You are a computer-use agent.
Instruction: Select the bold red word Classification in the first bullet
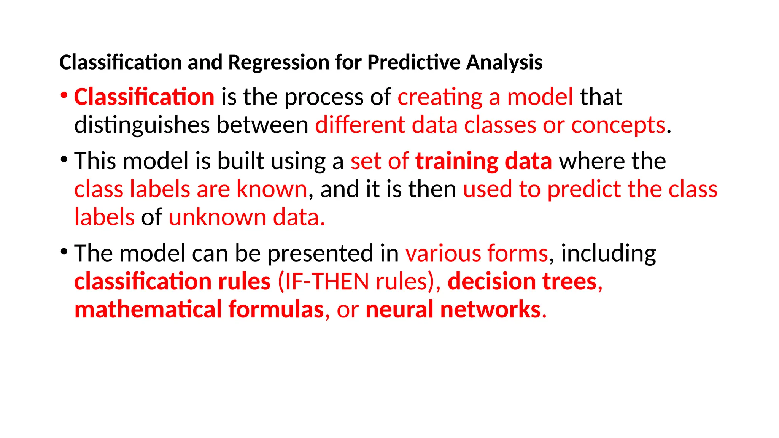tap(144, 97)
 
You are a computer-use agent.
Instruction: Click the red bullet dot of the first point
tap(64, 95)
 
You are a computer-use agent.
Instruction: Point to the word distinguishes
tap(142, 125)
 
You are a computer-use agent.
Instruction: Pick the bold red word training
tap(456, 161)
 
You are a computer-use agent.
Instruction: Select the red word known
tap(272, 189)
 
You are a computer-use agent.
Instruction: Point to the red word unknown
tap(217, 217)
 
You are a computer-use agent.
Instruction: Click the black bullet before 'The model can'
tap(64, 251)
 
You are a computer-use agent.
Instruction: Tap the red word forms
tap(518, 253)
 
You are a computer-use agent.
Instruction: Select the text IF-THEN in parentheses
tap(327, 282)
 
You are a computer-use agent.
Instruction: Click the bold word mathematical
tap(148, 309)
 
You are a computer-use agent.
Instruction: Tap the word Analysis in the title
tap(504, 63)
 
